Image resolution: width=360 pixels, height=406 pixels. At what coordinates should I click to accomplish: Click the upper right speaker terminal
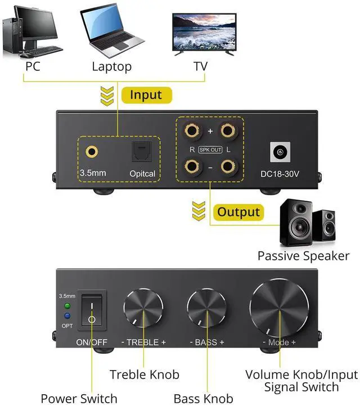[227, 132]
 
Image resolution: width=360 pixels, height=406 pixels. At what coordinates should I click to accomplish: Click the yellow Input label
[145, 94]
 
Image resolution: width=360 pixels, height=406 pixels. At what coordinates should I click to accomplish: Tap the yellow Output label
[238, 212]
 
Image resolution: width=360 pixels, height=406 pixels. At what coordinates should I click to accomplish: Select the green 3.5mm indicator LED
[67, 306]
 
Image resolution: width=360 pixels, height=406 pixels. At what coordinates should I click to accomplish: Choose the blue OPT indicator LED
[67, 315]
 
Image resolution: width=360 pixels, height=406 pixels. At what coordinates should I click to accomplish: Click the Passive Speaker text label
[303, 256]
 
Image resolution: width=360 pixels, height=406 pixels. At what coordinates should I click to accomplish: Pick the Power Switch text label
[79, 399]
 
